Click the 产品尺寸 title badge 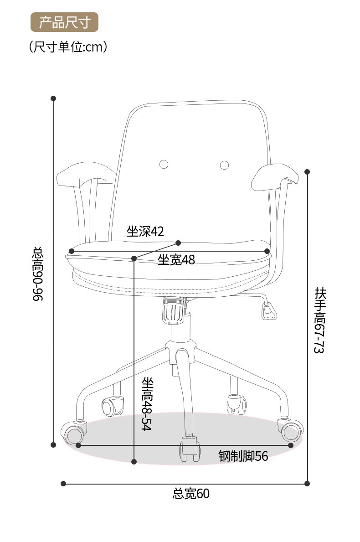(64, 22)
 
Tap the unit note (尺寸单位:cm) (68, 46)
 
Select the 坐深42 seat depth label (145, 231)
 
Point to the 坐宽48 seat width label (176, 259)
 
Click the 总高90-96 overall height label (38, 274)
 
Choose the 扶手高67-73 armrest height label (319, 320)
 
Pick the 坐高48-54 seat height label (147, 404)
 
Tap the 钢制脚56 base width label (243, 456)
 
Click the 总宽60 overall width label (191, 493)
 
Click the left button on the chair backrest (164, 164)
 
